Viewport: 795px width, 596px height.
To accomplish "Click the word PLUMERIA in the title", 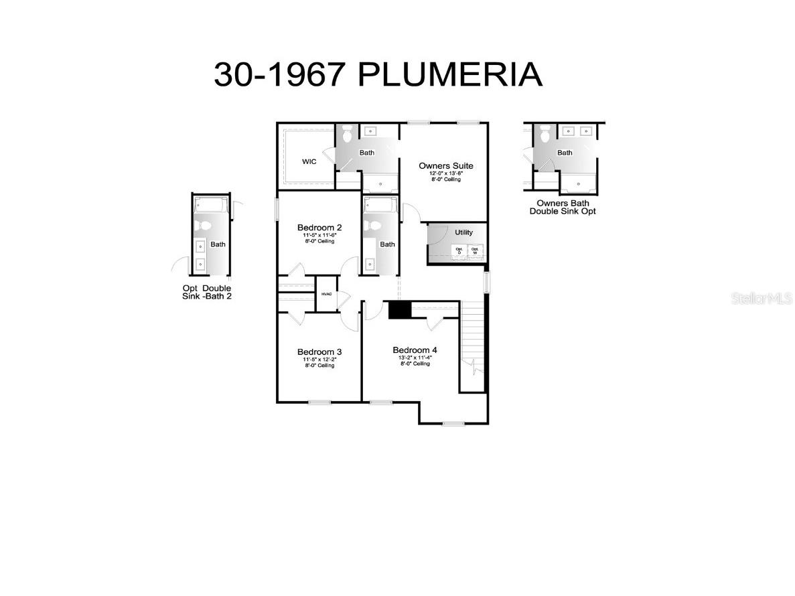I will pos(450,74).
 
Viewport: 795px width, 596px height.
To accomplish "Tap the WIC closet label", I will pos(309,162).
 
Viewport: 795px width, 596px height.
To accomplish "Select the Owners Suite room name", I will pos(446,165).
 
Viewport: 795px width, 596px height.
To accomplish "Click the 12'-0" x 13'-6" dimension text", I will pos(446,173).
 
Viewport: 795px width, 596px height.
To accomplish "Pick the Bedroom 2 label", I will pos(319,228).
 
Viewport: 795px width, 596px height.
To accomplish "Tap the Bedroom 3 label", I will pos(319,352).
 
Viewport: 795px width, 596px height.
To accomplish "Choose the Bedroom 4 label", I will pos(415,350).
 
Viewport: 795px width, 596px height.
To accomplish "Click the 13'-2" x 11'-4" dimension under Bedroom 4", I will pos(415,358).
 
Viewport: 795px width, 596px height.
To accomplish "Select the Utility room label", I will pos(463,232).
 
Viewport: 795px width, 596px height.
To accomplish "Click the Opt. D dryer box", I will pos(459,250).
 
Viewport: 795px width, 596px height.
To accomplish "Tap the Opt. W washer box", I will pos(475,250).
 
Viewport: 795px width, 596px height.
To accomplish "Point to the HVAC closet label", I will pos(327,294).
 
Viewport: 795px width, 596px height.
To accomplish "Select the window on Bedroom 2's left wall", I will pos(277,209).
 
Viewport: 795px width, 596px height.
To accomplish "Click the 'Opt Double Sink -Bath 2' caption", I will pos(207,292).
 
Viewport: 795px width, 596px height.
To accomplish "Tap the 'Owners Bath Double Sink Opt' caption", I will pos(563,207).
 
